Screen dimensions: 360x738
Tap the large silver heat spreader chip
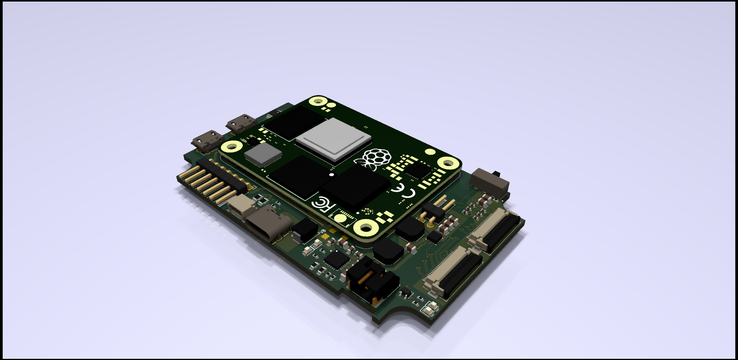(x=333, y=139)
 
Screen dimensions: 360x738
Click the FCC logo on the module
(x=322, y=204)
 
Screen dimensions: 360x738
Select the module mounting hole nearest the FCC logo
(x=365, y=228)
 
